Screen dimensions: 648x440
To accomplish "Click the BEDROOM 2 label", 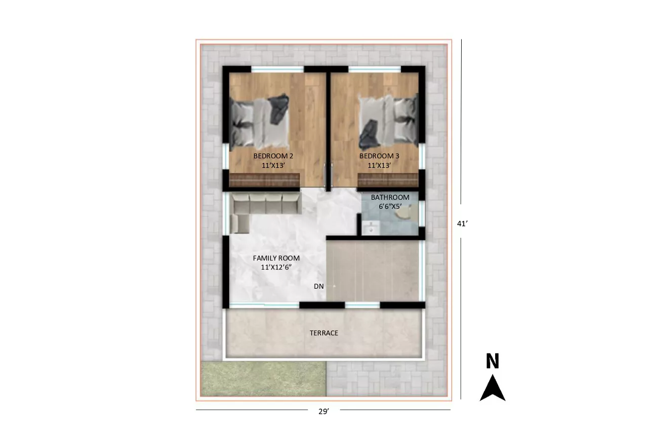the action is point(273,156).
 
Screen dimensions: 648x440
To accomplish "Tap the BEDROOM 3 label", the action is point(379,156).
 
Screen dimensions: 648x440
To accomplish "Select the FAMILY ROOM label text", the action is point(276,258).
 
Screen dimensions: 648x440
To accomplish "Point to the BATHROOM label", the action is point(390,197).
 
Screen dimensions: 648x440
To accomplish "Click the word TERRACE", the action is point(323,333).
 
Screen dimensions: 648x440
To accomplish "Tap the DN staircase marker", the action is point(318,286).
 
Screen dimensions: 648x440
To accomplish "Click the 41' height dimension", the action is point(462,224).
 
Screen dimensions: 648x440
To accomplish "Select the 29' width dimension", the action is point(323,411).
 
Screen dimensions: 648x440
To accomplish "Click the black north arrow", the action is point(493,388).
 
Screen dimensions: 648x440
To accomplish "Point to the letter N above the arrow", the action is point(493,361).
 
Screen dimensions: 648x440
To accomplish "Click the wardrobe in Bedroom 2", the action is point(264,180).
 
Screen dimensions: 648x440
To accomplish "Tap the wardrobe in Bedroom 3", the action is point(388,180).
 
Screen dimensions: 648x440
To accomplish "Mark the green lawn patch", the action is point(263,379).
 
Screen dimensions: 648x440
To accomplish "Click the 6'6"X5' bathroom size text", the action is point(390,207).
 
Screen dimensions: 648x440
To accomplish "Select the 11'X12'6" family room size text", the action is point(276,268).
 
